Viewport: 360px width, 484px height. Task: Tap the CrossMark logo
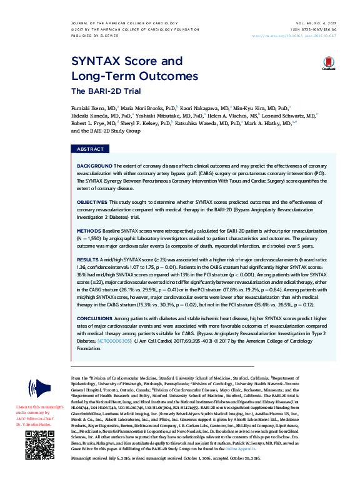(329, 64)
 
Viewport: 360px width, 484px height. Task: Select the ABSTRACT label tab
(90, 150)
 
